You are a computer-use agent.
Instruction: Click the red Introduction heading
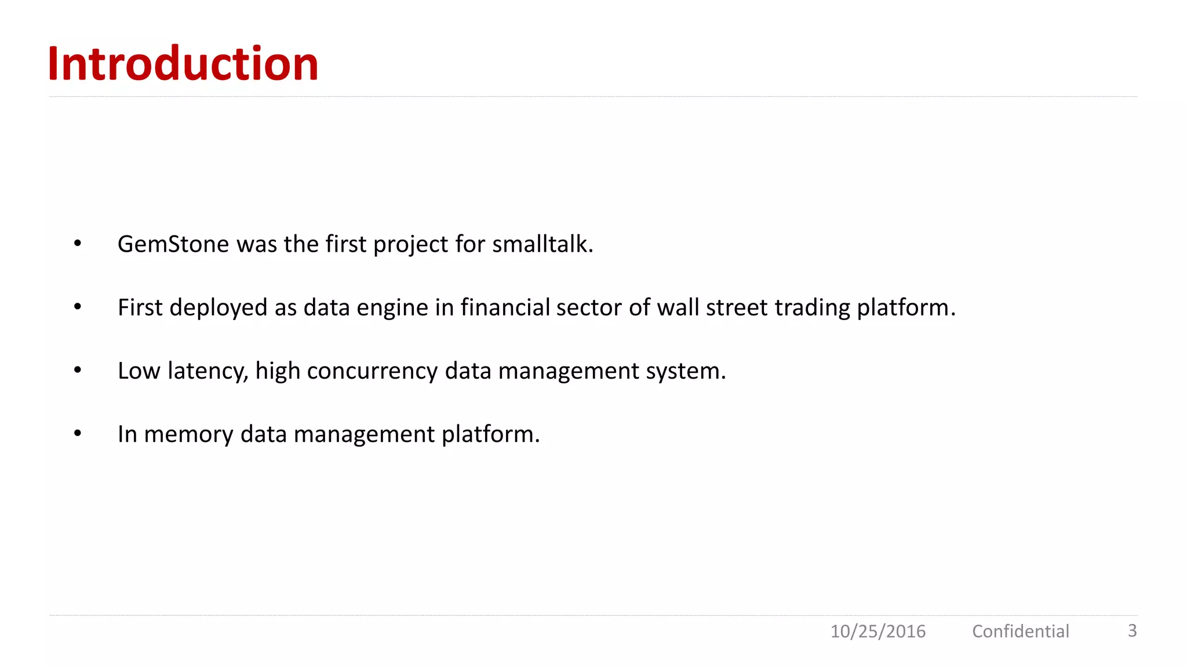coord(183,64)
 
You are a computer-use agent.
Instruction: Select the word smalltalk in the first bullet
coord(542,244)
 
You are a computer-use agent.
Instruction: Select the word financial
coord(505,307)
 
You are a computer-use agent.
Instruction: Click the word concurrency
coord(372,371)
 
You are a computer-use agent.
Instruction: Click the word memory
coord(188,434)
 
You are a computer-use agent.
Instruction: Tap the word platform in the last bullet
coord(490,434)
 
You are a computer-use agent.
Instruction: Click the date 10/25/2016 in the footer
coord(877,631)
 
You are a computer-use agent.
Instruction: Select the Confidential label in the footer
coord(1020,631)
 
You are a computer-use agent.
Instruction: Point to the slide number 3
coord(1132,630)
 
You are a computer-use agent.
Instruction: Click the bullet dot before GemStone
coord(78,244)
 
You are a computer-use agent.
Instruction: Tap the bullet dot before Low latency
coord(78,370)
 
